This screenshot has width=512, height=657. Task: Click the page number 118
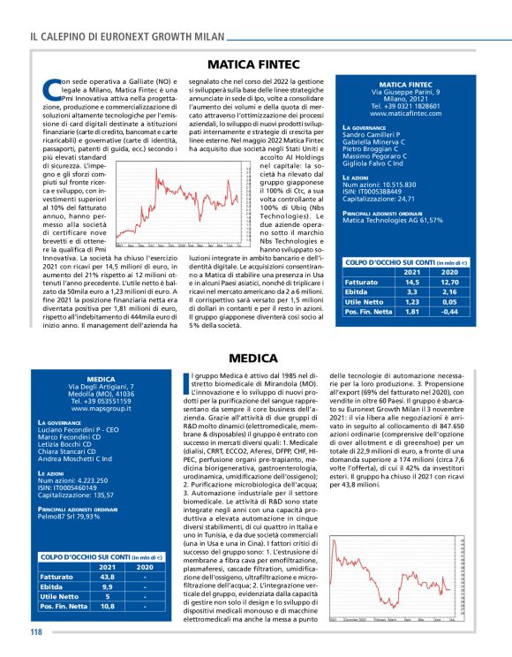[x=35, y=631]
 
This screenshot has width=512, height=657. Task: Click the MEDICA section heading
[x=255, y=359]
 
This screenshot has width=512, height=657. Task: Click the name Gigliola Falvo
[x=372, y=164]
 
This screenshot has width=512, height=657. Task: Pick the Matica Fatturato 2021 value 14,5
[x=412, y=282]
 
